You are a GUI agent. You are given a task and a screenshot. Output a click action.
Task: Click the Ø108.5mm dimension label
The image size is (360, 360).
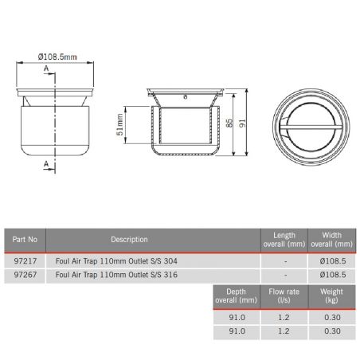(x=57, y=57)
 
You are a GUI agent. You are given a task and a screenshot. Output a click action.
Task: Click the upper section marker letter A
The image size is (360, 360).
(x=46, y=70)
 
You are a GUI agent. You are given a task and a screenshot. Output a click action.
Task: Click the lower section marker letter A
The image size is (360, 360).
(x=46, y=163)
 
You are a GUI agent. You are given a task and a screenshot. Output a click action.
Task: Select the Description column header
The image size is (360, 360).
(x=130, y=239)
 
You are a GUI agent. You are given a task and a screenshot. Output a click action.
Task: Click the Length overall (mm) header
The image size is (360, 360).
(x=284, y=239)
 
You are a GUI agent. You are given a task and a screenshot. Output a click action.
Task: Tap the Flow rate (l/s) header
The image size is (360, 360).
(x=284, y=296)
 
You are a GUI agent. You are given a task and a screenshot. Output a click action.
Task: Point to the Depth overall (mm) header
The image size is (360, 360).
(x=237, y=296)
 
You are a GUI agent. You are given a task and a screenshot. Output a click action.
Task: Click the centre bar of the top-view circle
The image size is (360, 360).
(x=307, y=123)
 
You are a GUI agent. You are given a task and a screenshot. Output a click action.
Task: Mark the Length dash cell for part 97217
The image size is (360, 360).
(x=284, y=259)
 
